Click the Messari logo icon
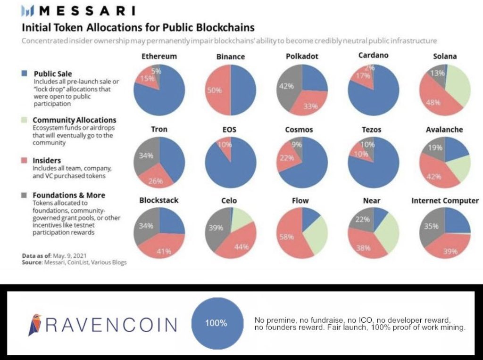pos(30,10)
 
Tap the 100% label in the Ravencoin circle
pos(216,324)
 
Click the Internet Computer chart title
pos(445,201)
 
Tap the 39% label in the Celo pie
pos(216,228)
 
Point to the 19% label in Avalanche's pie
pos(434,147)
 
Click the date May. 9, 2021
pos(70,255)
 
